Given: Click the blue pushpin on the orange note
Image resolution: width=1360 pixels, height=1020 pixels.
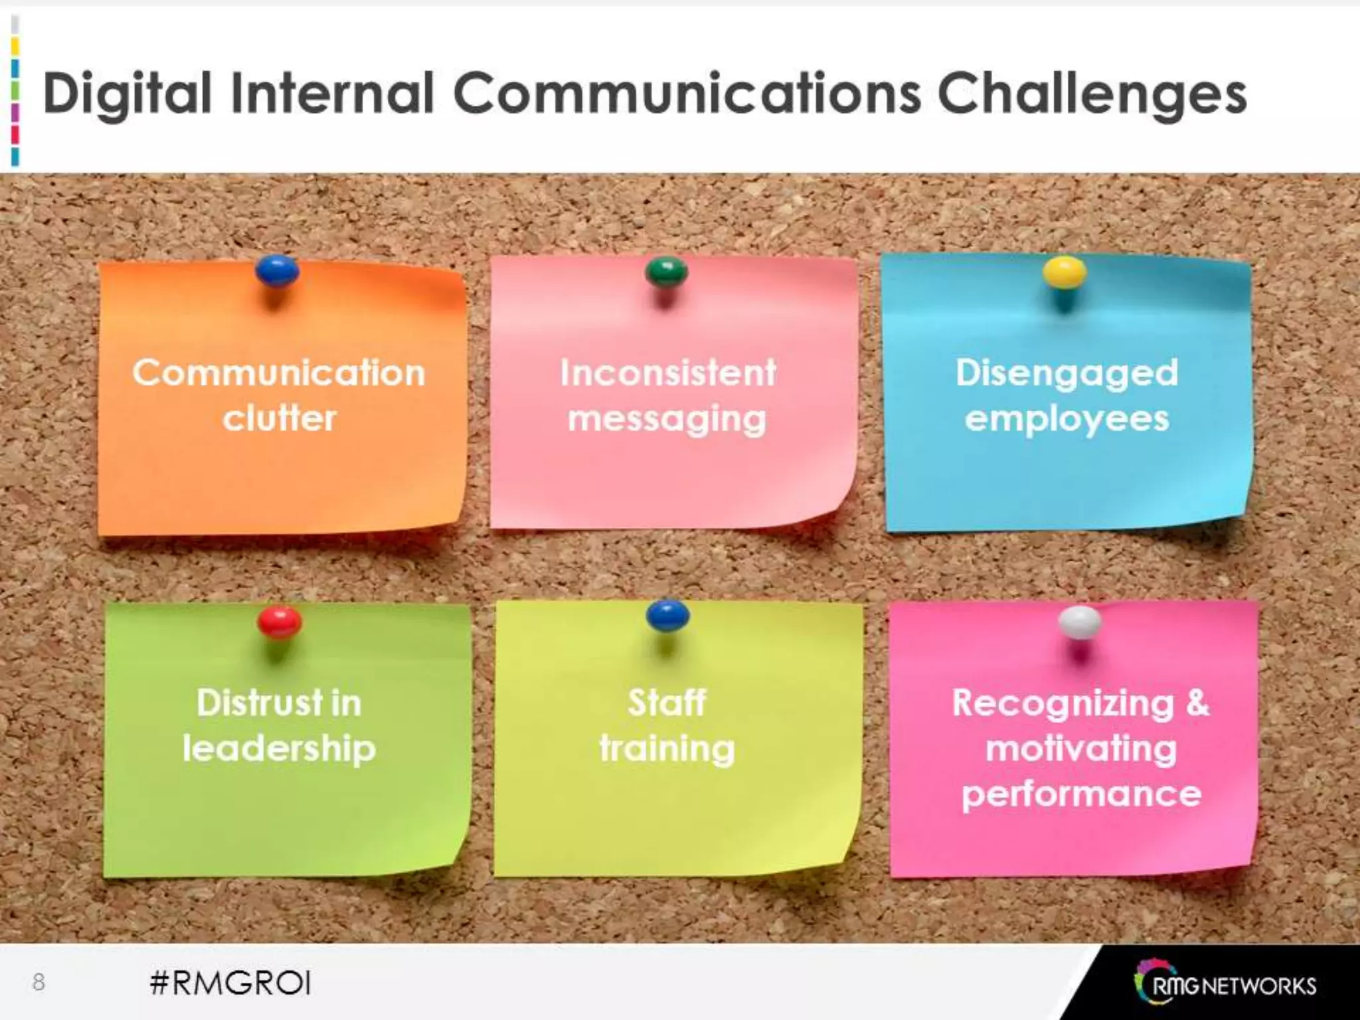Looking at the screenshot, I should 277,271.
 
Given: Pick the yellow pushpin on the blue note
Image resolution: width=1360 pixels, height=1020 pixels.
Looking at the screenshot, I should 1064,272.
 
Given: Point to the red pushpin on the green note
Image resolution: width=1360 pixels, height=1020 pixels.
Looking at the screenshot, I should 280,622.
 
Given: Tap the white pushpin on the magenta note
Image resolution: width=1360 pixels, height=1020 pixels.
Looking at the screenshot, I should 1080,622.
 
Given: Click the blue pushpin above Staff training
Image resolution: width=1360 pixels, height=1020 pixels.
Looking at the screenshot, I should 667,616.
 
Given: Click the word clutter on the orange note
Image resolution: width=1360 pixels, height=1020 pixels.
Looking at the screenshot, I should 280,418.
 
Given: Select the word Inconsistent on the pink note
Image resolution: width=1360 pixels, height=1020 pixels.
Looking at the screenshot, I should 667,373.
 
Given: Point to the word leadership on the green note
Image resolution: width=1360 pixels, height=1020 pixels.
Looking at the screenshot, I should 279,749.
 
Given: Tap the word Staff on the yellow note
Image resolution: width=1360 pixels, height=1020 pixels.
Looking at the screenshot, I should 667,703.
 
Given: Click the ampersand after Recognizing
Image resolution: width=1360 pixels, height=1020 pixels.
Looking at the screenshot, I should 1197,703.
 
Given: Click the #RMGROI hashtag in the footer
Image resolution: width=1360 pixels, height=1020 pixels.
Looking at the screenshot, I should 230,983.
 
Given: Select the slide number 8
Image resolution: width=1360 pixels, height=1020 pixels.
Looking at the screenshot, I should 39,981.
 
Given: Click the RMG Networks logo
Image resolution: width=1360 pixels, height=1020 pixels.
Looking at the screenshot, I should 1225,985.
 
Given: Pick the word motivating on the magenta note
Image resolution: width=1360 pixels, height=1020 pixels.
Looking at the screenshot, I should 1081,749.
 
